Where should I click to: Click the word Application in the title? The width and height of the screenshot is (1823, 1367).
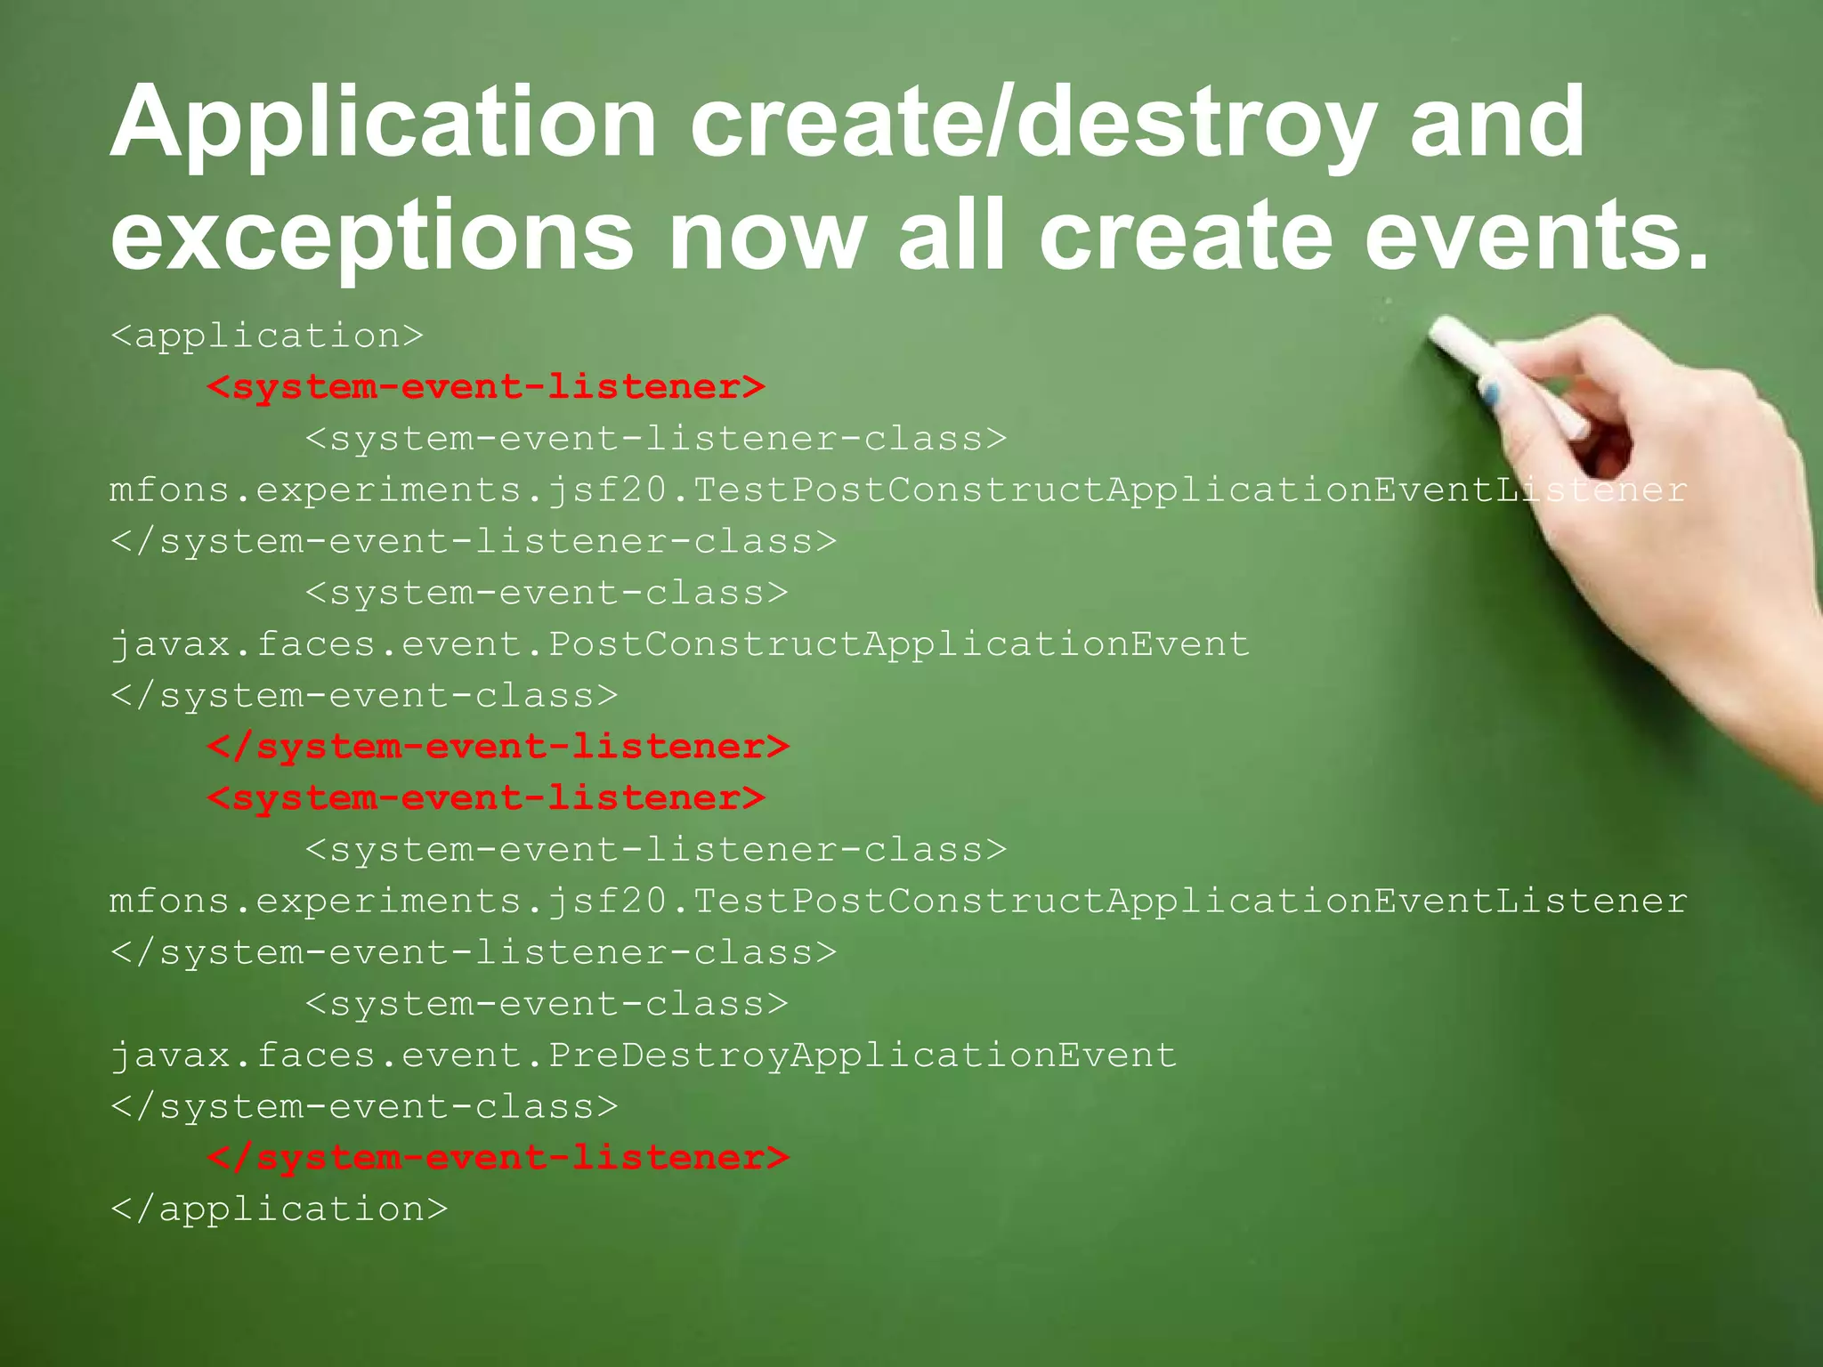[x=383, y=125]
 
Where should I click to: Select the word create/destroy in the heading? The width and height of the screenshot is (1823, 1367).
[x=1033, y=125]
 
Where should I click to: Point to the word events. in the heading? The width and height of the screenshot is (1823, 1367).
[x=1536, y=237]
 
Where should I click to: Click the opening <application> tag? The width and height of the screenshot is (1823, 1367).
[x=267, y=336]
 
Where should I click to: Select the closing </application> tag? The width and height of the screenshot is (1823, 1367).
[x=279, y=1209]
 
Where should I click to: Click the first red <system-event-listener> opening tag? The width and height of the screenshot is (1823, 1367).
[x=486, y=387]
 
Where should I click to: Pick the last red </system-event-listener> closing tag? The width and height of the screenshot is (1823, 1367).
[x=498, y=1158]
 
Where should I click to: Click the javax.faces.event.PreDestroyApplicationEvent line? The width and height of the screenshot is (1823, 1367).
[x=643, y=1056]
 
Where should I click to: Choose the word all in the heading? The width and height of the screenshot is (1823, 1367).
[x=952, y=237]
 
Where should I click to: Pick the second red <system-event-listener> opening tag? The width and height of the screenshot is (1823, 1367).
[x=486, y=798]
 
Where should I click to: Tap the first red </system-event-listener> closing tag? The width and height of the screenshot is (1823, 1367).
[x=498, y=747]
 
